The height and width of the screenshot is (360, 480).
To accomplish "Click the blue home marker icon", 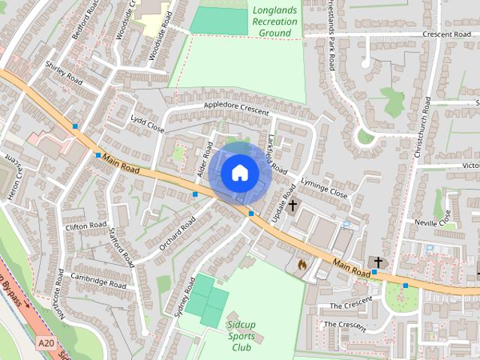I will point(240,173).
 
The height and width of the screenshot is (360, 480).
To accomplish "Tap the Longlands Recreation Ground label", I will point(274,22).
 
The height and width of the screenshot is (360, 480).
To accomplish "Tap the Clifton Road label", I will point(86,225).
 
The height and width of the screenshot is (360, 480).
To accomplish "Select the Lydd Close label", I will point(147,124).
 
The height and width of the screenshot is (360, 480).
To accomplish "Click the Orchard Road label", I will point(177,232).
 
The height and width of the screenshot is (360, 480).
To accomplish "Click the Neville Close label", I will point(434,217).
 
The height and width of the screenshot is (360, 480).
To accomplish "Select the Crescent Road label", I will point(446,34).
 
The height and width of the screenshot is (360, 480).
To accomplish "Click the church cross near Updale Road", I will point(292,203).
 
